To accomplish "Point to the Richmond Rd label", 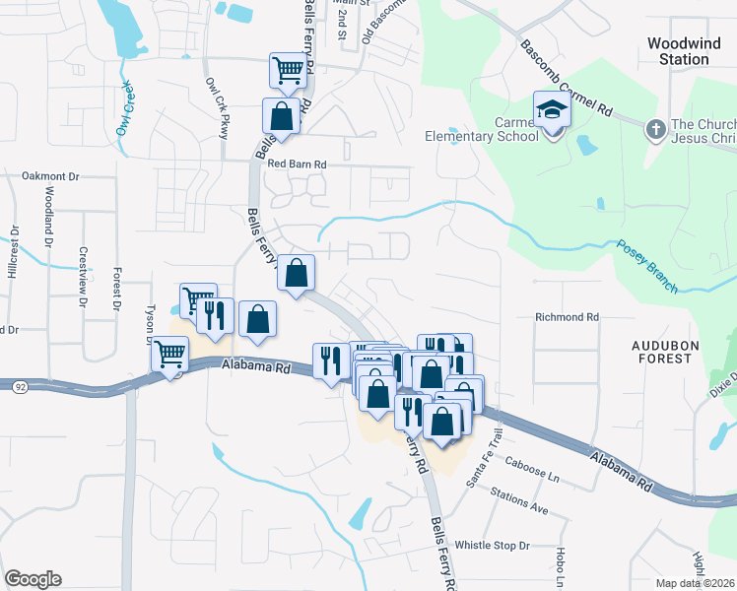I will [x=568, y=318].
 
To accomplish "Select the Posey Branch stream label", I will [x=647, y=267].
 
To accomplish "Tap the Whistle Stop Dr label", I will [x=492, y=546].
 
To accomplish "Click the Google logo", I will [x=33, y=579].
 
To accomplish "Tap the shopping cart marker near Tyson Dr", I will [x=170, y=353].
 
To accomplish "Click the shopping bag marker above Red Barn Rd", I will [x=282, y=115].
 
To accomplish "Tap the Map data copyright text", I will [x=696, y=583].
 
